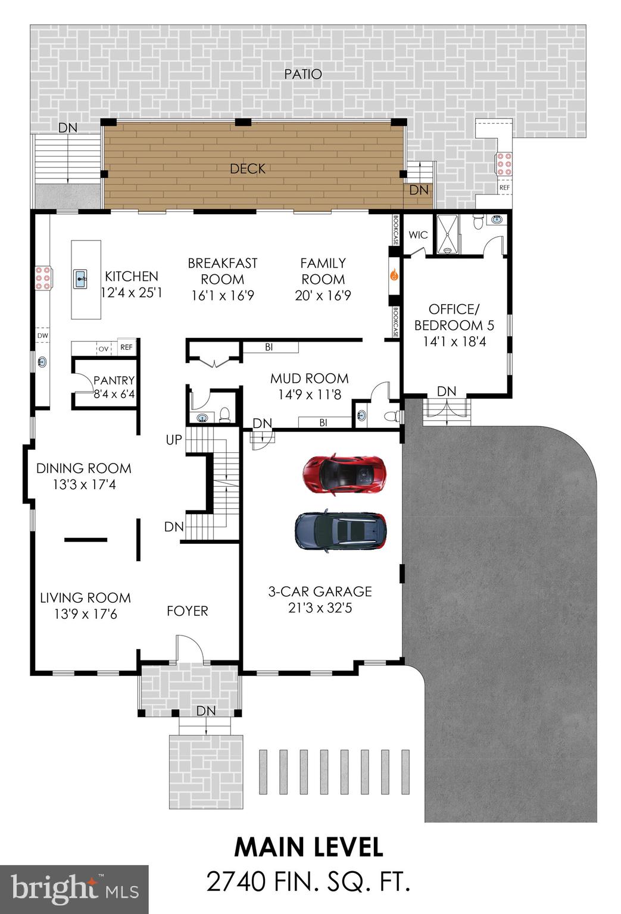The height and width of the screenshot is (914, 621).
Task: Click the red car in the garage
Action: [x=344, y=475]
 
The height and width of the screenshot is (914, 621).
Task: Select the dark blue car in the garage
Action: [x=341, y=531]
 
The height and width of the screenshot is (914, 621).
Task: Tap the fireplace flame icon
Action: [x=394, y=275]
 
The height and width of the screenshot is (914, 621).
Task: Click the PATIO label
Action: [x=303, y=74]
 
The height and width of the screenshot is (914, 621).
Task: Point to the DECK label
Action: [x=248, y=169]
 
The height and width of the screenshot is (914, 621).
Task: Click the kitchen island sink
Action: [x=82, y=277]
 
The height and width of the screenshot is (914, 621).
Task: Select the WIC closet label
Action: [x=418, y=235]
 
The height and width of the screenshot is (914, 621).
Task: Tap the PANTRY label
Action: [x=114, y=380]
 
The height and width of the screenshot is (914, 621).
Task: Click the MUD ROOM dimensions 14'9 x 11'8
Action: [x=309, y=394]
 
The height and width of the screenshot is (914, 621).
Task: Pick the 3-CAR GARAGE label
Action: [x=320, y=591]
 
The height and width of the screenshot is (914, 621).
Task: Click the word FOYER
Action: [x=187, y=611]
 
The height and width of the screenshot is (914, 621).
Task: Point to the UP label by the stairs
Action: [x=174, y=440]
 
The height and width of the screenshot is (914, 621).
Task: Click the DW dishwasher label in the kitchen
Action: [x=42, y=336]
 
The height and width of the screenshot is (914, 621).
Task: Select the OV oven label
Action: [x=103, y=348]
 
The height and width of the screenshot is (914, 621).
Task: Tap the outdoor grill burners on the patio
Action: [x=504, y=164]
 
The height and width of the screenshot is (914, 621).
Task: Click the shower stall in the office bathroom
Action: [x=448, y=234]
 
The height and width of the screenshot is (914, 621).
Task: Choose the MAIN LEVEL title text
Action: [x=308, y=847]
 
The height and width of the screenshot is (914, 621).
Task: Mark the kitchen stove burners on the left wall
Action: [x=42, y=277]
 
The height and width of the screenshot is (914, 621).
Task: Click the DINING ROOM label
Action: [x=84, y=468]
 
